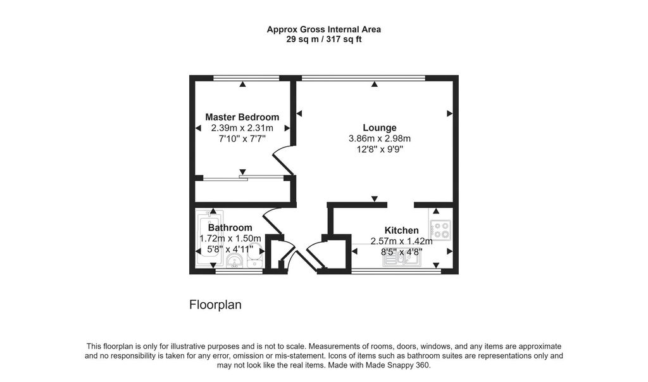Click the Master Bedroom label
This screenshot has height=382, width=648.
pyautogui.click(x=242, y=117)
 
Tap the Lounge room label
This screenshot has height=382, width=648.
pyautogui.click(x=380, y=128)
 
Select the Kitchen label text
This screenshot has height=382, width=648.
pyautogui.click(x=401, y=231)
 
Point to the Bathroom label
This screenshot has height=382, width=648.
pyautogui.click(x=230, y=227)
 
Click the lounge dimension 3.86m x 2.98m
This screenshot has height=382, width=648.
pyautogui.click(x=380, y=139)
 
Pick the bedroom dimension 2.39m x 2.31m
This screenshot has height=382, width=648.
pyautogui.click(x=242, y=128)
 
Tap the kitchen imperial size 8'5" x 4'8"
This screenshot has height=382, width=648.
pyautogui.click(x=401, y=251)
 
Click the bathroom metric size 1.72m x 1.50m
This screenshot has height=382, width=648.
pyautogui.click(x=230, y=238)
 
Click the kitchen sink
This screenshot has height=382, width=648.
pyautogui.click(x=402, y=260)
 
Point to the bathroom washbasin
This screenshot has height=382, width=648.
pyautogui.click(x=235, y=261)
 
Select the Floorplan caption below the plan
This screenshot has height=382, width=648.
pyautogui.click(x=215, y=305)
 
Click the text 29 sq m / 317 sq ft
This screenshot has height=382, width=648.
pyautogui.click(x=323, y=40)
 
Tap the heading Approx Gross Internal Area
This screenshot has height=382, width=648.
pyautogui.click(x=323, y=29)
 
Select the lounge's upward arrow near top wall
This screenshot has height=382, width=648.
pyautogui.click(x=375, y=84)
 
